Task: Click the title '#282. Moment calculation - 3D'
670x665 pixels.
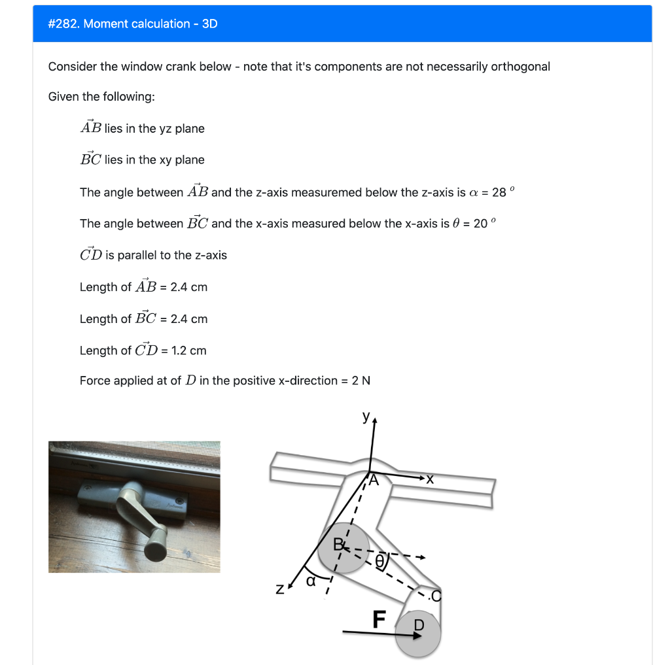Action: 133,24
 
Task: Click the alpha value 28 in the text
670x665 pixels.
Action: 499,192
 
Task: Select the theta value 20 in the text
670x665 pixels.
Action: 481,224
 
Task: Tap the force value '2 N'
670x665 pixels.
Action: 361,381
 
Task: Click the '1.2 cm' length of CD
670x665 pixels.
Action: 188,350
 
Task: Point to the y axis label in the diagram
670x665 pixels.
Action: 366,417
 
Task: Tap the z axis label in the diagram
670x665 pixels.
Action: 279,589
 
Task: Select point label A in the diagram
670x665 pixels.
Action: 374,481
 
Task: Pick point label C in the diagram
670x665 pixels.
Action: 436,596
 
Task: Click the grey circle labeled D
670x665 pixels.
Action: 418,634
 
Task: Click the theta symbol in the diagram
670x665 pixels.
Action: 379,560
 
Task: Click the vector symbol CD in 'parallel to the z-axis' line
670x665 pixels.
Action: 90,254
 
